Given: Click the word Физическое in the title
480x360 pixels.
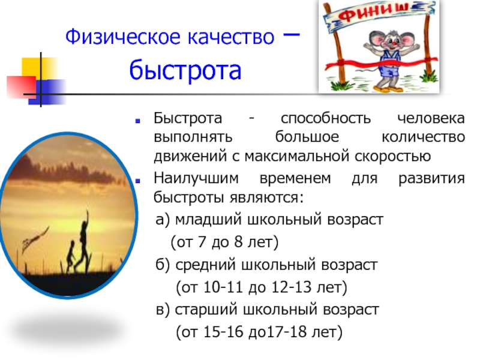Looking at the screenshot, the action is (124, 37).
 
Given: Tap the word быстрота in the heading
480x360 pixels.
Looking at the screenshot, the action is (185, 70).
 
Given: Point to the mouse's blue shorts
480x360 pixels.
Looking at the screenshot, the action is (390, 71).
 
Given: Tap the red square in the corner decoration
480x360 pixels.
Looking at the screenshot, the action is (21, 86).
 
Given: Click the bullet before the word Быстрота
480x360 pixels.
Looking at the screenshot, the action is (138, 121).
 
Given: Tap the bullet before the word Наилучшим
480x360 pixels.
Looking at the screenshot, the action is (138, 181).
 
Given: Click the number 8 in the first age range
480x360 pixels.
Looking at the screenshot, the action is (238, 242).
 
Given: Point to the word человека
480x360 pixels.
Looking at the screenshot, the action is (431, 118).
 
